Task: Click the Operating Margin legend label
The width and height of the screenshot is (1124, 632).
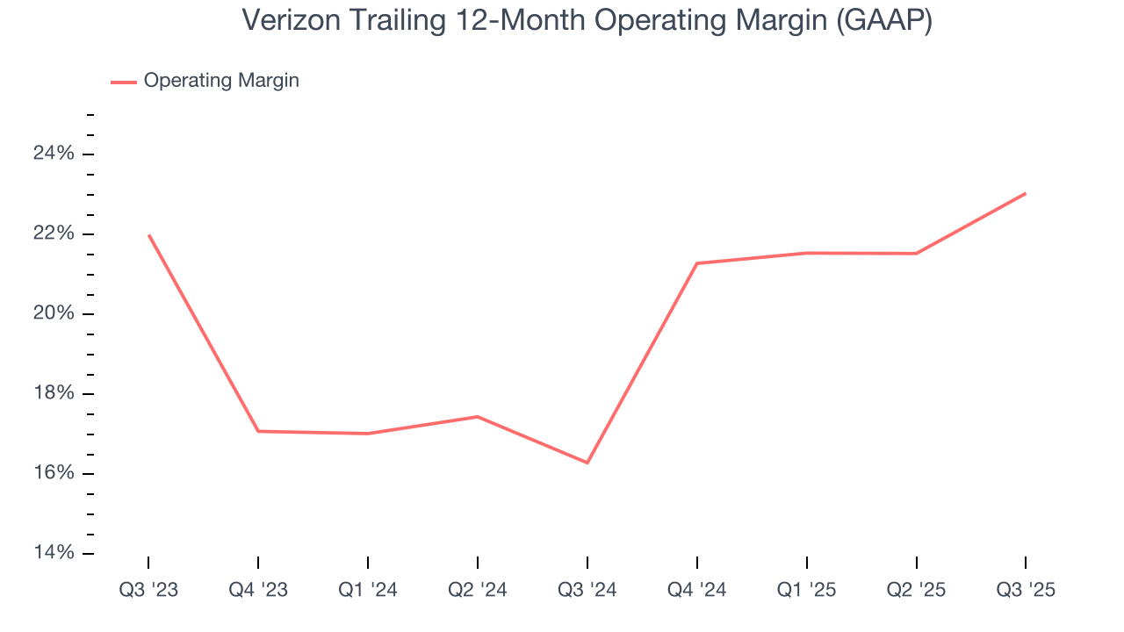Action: click(x=221, y=81)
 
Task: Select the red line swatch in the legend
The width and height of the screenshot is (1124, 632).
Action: click(x=123, y=82)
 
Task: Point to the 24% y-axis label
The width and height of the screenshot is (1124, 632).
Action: click(x=54, y=154)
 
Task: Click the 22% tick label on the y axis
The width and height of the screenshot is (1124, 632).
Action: click(x=54, y=233)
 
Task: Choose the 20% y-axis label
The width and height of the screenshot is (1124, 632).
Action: click(x=54, y=313)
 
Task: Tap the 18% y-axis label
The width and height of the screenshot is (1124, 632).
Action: click(x=54, y=393)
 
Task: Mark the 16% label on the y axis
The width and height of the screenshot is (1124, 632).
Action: click(x=54, y=473)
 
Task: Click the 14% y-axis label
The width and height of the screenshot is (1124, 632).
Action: click(x=54, y=553)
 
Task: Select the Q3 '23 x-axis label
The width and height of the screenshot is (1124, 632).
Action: click(x=148, y=590)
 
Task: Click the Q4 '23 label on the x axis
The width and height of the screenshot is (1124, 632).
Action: click(x=258, y=590)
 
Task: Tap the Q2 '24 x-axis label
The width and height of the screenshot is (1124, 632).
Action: click(x=477, y=590)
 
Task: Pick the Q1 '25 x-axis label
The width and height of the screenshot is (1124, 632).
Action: click(x=806, y=590)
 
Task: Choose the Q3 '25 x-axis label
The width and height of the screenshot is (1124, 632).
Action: click(x=1026, y=590)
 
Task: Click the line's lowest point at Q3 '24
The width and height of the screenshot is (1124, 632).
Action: click(x=587, y=463)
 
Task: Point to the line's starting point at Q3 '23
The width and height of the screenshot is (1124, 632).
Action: click(x=148, y=235)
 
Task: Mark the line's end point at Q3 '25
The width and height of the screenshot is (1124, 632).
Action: click(x=1026, y=193)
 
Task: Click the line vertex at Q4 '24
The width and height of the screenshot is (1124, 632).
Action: click(x=696, y=263)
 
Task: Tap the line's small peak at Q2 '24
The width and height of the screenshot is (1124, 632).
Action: click(x=477, y=416)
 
